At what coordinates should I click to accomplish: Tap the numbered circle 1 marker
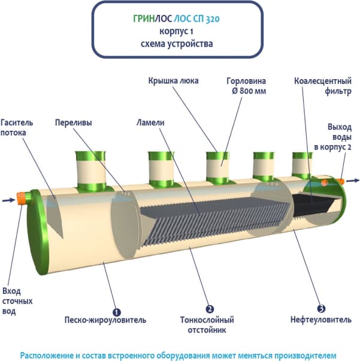[x=116, y=311]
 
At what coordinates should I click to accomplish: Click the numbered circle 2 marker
[x=209, y=310]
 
